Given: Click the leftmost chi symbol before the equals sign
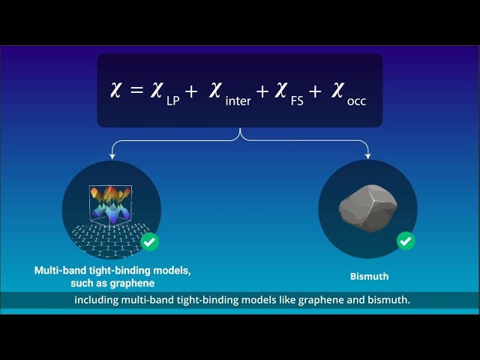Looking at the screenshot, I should click(x=114, y=91).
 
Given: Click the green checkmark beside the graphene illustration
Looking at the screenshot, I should click(x=150, y=241).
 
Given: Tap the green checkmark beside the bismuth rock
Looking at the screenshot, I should click(x=406, y=241).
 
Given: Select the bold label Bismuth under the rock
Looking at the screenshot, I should click(x=370, y=276).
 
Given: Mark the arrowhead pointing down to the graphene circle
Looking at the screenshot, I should click(x=112, y=156).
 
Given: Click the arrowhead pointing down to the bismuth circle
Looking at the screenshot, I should click(x=368, y=156).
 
